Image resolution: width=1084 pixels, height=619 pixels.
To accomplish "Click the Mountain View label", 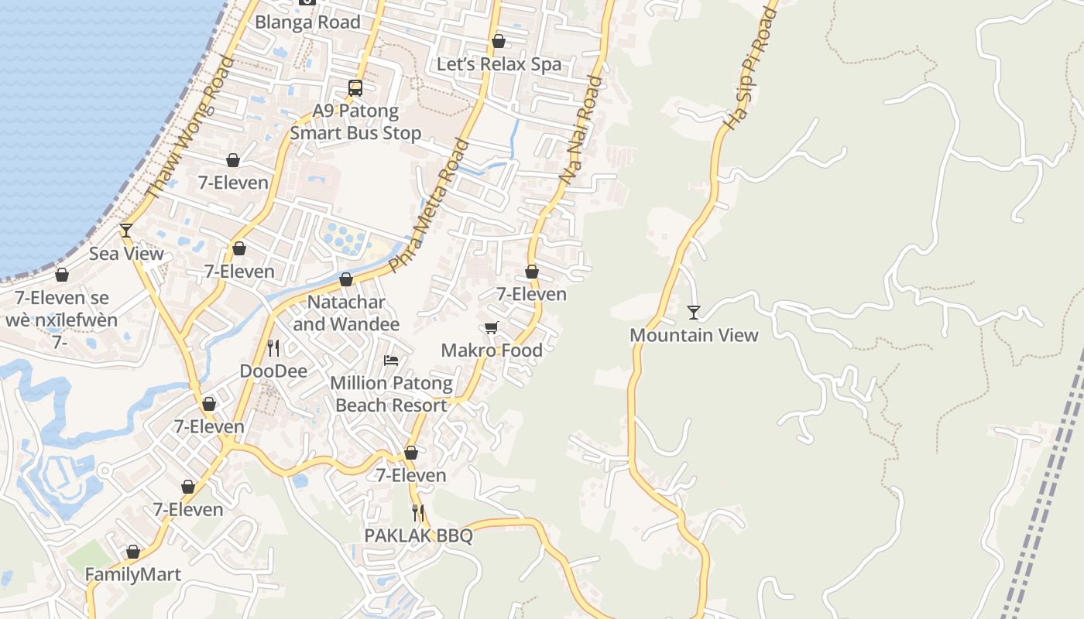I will (694, 335).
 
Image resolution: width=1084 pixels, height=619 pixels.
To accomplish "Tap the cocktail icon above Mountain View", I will (694, 313).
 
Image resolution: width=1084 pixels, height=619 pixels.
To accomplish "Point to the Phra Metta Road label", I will (429, 205).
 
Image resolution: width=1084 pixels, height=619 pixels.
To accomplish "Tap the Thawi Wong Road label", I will (189, 128).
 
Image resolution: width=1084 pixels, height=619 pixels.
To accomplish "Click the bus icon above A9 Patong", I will (355, 88).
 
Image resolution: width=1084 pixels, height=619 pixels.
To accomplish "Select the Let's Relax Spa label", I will (499, 64).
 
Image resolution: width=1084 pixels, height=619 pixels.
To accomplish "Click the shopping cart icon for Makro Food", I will (492, 328).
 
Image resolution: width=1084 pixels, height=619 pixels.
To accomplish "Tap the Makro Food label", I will (492, 351).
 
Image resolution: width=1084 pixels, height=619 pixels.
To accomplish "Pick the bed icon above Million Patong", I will (391, 361).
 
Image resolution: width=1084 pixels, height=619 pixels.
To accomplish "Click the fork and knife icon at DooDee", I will (273, 348).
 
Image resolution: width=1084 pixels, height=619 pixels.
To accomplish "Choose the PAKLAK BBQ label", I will (418, 535).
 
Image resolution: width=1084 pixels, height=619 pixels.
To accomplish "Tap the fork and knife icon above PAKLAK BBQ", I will (418, 512).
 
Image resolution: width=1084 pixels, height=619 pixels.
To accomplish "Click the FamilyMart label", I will (132, 575).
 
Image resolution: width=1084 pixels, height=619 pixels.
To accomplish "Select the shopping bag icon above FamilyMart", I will (133, 552).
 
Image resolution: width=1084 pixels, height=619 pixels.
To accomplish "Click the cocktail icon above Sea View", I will (126, 231).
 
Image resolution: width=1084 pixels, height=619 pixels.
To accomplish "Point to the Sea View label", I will (126, 254).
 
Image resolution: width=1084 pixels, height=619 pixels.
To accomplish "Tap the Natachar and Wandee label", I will (346, 313).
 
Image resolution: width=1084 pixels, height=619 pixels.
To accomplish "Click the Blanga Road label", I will (307, 22).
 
